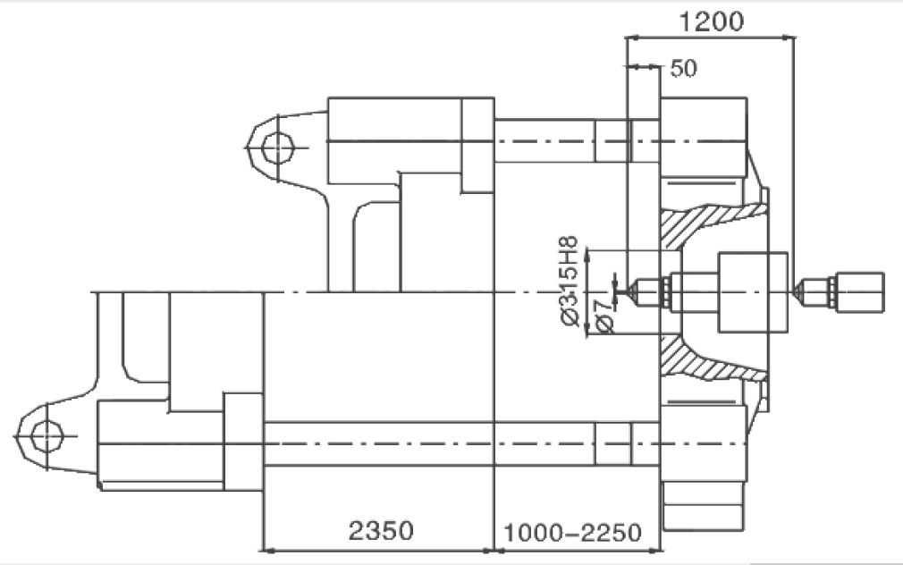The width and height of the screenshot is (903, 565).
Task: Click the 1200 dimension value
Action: click(x=712, y=21)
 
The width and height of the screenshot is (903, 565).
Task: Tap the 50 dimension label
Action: click(x=684, y=69)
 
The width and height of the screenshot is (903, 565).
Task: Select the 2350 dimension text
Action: click(x=381, y=530)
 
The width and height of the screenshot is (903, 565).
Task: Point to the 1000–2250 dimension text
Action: click(x=572, y=533)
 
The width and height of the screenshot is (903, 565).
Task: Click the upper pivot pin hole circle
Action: click(x=277, y=148)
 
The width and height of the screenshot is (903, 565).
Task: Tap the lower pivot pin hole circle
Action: click(x=46, y=436)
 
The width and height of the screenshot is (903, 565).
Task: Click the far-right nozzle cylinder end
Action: click(x=860, y=292)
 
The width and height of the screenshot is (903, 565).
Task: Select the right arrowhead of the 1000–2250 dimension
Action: click(x=654, y=550)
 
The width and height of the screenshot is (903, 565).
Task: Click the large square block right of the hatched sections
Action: click(x=753, y=292)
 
